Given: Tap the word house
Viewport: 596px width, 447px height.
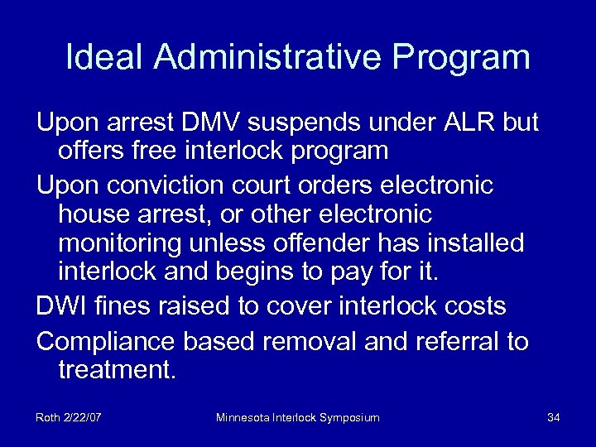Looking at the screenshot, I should coord(94,214).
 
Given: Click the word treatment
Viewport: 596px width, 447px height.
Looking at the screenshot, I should coord(117,370).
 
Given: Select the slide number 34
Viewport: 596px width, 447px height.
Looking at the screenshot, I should coord(554,418).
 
